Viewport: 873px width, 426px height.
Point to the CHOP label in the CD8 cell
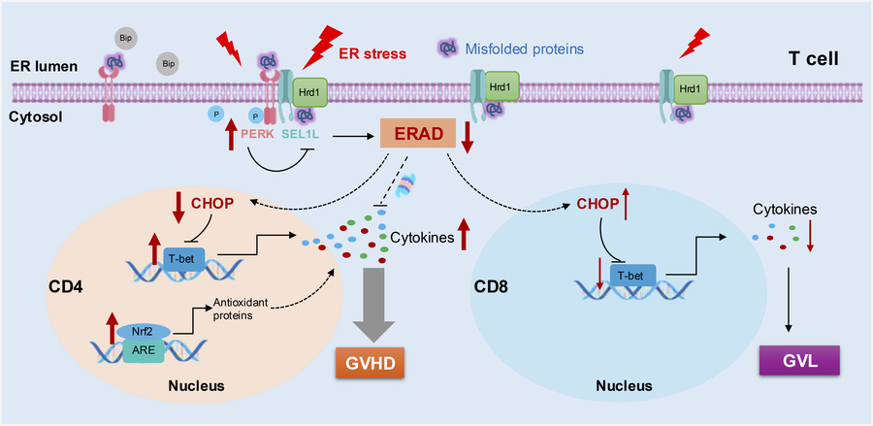(596, 205)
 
